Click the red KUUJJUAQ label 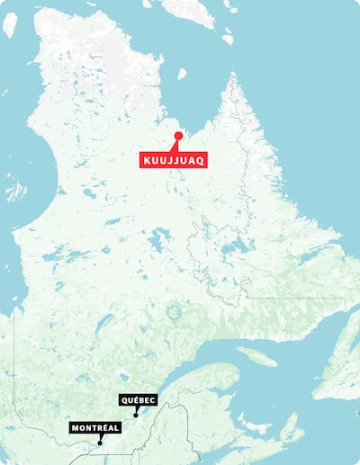tap(174, 160)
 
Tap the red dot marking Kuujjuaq tap(178, 136)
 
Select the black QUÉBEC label tap(138, 399)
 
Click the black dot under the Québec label tap(135, 416)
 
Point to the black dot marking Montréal tap(100, 443)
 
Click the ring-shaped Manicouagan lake tap(174, 314)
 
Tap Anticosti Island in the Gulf tap(256, 356)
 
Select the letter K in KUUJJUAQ tap(147, 160)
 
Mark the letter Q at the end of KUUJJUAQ tap(202, 160)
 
